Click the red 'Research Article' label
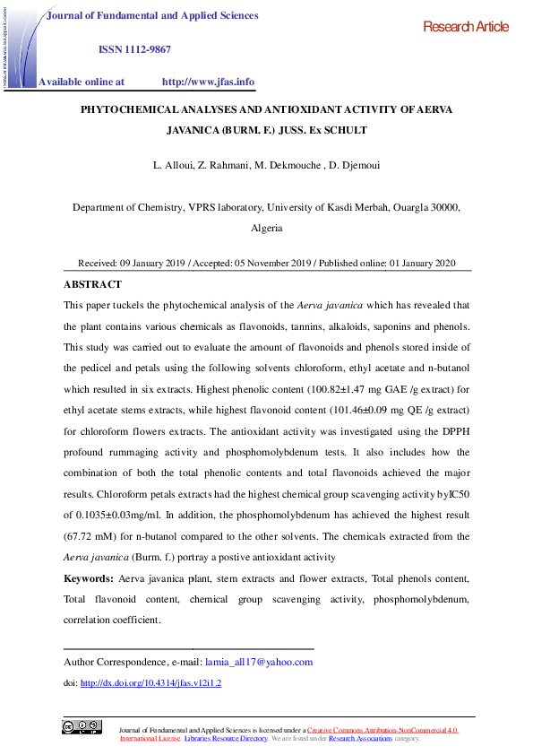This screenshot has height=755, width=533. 465,27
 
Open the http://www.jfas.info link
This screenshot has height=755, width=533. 208,82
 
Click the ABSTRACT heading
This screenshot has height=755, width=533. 92,284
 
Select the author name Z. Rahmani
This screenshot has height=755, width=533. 219,167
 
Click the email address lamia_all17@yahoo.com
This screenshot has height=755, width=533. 259,662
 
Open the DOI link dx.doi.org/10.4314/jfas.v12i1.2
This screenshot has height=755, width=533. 150,682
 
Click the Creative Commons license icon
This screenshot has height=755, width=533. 82,727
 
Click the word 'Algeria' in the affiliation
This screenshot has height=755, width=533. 267,228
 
